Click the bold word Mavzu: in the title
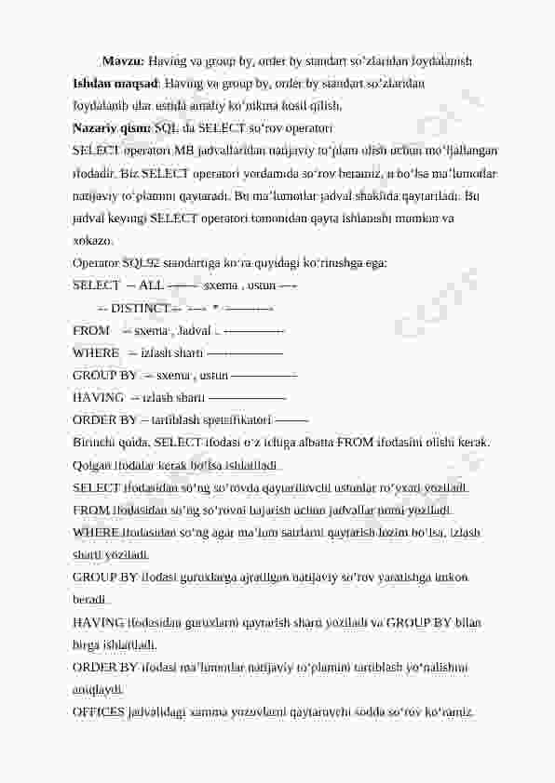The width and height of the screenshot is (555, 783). coord(122,61)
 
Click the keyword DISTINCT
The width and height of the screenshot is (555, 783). coord(140,308)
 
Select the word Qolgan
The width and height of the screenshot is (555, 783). coord(92,464)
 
